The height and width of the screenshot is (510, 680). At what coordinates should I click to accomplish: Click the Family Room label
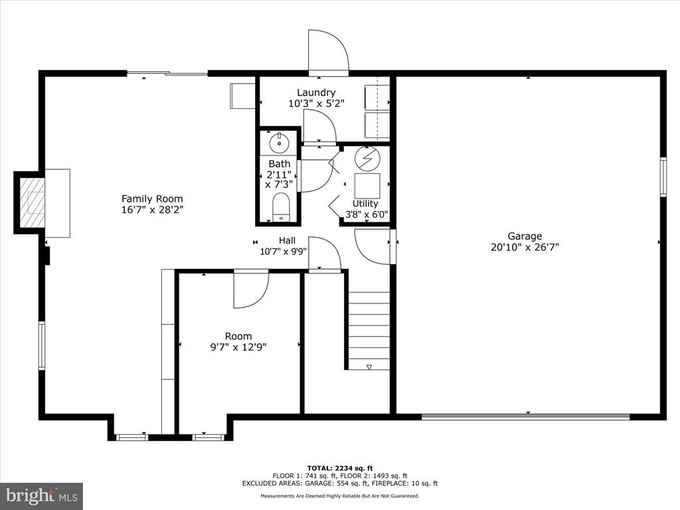152,199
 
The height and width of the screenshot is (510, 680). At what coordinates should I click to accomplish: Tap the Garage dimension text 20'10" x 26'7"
525,247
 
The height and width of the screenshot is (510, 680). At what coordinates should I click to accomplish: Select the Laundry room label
316,92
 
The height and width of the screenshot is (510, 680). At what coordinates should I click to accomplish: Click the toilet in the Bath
281,207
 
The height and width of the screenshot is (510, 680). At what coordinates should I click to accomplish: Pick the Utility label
365,203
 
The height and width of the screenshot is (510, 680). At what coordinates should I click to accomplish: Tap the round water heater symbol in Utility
367,159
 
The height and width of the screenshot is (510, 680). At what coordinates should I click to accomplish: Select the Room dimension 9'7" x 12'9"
238,347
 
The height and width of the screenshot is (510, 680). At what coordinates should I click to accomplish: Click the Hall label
287,240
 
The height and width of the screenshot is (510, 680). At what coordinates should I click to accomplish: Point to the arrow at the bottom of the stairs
369,367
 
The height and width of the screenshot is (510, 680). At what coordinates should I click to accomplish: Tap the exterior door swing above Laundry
328,50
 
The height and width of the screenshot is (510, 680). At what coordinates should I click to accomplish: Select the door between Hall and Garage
373,246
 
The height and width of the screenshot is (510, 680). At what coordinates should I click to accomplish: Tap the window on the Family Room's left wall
42,345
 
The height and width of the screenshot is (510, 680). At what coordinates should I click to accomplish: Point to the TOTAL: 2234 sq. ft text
339,468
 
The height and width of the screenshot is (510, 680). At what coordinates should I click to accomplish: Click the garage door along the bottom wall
525,416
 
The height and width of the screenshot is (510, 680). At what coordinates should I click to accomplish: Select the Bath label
280,164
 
